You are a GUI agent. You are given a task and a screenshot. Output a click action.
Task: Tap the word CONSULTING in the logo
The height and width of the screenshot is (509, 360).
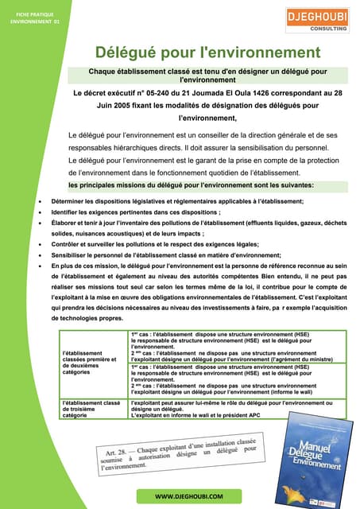tap(326, 27)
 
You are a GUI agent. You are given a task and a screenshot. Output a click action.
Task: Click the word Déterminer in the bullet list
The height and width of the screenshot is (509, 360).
tap(68, 203)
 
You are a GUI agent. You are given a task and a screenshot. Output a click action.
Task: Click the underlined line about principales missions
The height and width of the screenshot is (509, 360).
tap(191, 185)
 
